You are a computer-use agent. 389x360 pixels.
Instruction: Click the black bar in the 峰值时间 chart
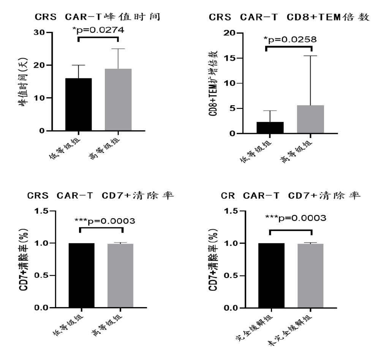coord(78,105)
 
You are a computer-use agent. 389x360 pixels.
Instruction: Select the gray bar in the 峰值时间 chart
coord(118,100)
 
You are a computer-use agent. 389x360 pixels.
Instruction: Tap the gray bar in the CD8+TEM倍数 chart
coord(310,119)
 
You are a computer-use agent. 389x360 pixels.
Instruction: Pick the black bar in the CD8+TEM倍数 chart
coord(270,127)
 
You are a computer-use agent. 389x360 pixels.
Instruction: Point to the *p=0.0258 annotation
coord(289,39)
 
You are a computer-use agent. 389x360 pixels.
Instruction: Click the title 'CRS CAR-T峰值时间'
coord(97,17)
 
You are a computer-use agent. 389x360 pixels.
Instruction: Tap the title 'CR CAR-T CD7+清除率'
coord(291,196)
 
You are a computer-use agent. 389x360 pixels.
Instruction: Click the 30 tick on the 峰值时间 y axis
coord(39,33)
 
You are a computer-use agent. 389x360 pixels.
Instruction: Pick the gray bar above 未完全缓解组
coord(310,276)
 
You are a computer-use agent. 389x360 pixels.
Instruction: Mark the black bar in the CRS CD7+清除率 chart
coord(82,275)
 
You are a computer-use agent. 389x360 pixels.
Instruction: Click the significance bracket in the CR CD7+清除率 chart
coord(290,230)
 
